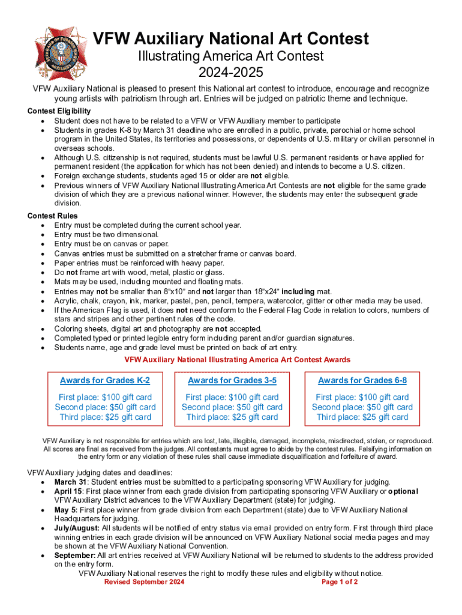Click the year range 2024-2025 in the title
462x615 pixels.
(231, 73)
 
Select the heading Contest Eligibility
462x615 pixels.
(59, 111)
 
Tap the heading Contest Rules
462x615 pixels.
(53, 216)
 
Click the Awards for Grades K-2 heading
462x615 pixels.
(105, 381)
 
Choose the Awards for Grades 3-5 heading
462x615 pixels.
(232, 381)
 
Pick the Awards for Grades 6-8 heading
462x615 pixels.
(362, 381)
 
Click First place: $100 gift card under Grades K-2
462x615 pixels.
(105, 397)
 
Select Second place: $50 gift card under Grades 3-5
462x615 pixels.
(232, 407)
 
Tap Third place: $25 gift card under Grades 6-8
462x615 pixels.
(362, 417)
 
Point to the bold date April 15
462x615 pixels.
(67, 491)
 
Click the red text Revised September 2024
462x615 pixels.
(144, 583)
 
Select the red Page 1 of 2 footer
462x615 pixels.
(340, 583)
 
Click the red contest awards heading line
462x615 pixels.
(237, 360)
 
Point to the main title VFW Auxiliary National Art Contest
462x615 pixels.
(230, 40)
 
